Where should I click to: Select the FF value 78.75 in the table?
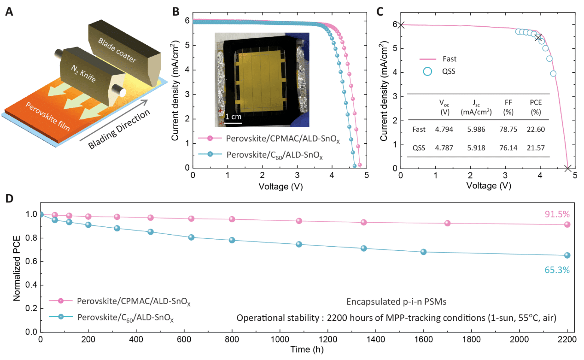pos(507,130)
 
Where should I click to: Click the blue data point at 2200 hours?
pos(567,255)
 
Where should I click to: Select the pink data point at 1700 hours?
pos(447,223)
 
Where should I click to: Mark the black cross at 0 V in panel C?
pos(401,24)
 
